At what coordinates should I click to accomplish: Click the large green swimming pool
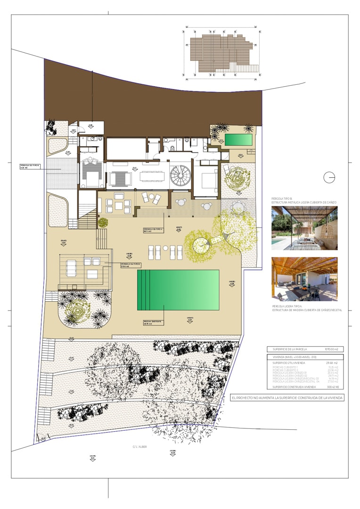tap(178, 290)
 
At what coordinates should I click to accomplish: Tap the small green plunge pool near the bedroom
tap(238, 140)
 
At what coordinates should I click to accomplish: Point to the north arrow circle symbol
tap(330, 177)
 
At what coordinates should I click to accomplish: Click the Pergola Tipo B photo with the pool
tap(304, 228)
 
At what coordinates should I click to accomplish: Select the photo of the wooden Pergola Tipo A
tap(304, 279)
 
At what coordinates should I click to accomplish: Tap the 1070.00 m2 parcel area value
tap(331, 349)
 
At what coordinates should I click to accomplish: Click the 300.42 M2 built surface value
tap(333, 386)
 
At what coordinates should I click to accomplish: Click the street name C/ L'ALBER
tap(139, 446)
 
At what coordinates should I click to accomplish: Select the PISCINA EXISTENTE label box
tap(153, 322)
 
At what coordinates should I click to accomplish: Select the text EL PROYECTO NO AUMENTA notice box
tap(287, 398)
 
